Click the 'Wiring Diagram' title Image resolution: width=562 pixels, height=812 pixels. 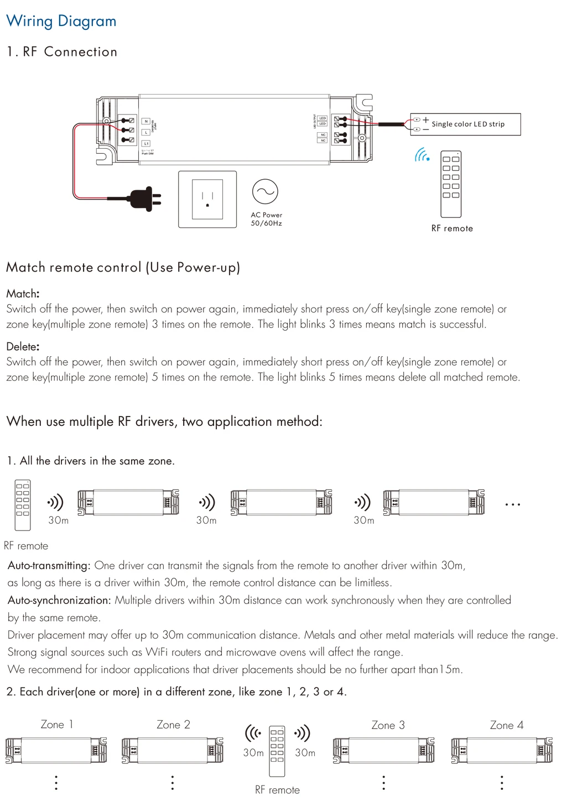coord(61,21)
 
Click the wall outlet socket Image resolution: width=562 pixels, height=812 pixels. coord(207,199)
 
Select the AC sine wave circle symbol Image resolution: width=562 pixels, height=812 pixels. coord(265,191)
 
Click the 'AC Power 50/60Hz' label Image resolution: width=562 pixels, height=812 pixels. coord(266,219)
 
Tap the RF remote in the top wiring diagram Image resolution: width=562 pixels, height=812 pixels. coord(451,184)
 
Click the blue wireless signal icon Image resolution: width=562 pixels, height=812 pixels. coord(422,155)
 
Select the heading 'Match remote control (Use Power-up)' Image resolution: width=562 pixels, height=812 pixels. coord(123,268)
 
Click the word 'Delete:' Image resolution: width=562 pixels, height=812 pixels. coord(23,347)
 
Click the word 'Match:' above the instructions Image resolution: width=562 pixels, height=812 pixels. coord(23,294)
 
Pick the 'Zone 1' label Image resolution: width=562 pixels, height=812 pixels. coord(56,725)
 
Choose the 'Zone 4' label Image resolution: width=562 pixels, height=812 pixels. coord(507,725)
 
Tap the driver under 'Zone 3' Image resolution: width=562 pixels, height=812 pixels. coord(383,751)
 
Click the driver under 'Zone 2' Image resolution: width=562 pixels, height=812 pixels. coord(173,751)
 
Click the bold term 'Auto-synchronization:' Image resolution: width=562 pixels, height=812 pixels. coord(59,600)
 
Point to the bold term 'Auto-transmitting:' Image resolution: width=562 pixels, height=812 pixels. coord(49,565)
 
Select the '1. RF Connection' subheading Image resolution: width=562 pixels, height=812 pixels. coord(62,52)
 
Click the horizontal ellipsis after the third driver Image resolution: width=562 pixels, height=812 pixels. coord(512,504)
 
